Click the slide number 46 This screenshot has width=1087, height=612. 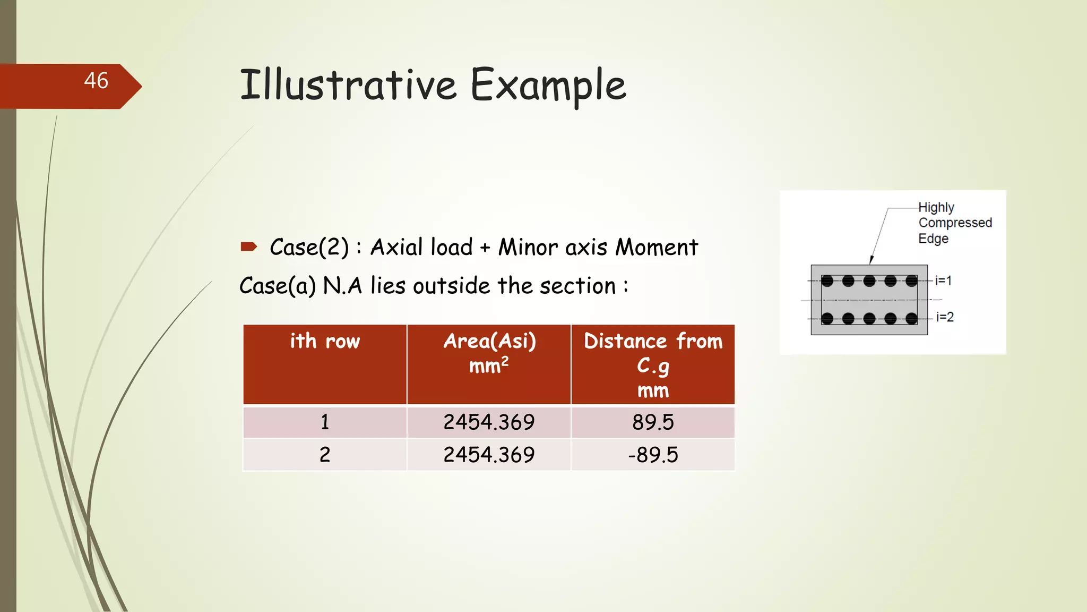[x=96, y=81]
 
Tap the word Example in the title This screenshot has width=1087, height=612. [x=548, y=85]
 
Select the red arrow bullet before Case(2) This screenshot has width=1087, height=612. [x=249, y=246]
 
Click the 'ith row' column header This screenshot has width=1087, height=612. [x=325, y=341]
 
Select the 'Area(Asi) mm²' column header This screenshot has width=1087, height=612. [x=489, y=353]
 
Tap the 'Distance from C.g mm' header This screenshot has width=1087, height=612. [x=653, y=365]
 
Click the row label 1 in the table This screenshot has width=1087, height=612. [x=325, y=422]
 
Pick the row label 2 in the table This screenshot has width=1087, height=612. [x=325, y=455]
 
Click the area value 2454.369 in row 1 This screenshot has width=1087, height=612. [x=489, y=422]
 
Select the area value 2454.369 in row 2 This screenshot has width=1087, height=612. [x=489, y=455]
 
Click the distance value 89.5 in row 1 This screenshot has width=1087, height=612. [x=653, y=422]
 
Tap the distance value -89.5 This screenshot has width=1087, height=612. [x=653, y=455]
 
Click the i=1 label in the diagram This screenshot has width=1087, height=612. [x=943, y=280]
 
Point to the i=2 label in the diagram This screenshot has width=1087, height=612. [x=945, y=317]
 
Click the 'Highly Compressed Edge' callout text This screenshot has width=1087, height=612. [x=954, y=223]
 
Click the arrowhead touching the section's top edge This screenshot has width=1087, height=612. [x=872, y=260]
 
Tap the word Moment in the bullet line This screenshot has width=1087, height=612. [x=657, y=248]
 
